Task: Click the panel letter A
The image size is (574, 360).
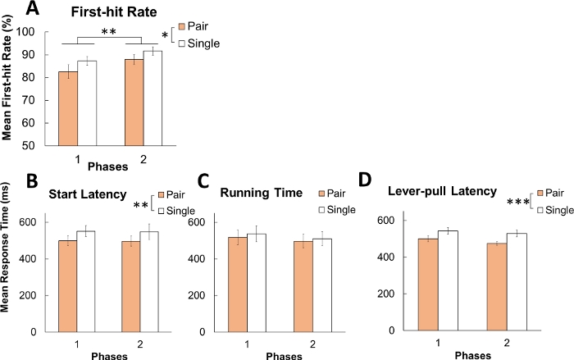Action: click(x=34, y=10)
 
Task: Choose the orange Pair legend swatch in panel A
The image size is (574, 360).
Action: click(x=183, y=27)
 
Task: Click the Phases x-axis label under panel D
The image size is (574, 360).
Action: click(x=471, y=355)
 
